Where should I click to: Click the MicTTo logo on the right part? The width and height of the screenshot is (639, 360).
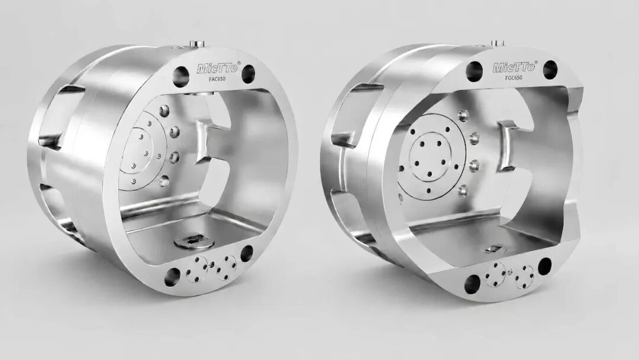tap(515, 66)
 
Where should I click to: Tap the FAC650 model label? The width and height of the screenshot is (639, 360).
tap(217, 79)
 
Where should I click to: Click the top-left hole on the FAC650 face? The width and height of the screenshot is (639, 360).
tap(181, 76)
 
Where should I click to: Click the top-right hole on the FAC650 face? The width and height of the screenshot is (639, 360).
tap(248, 74)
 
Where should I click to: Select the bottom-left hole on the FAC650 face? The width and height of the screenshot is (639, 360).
tap(172, 277)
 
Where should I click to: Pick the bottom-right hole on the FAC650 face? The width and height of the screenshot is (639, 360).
tap(247, 253)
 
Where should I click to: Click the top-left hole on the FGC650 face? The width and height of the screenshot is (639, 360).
tap(475, 71)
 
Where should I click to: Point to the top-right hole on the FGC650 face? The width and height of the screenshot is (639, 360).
tap(550, 69)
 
